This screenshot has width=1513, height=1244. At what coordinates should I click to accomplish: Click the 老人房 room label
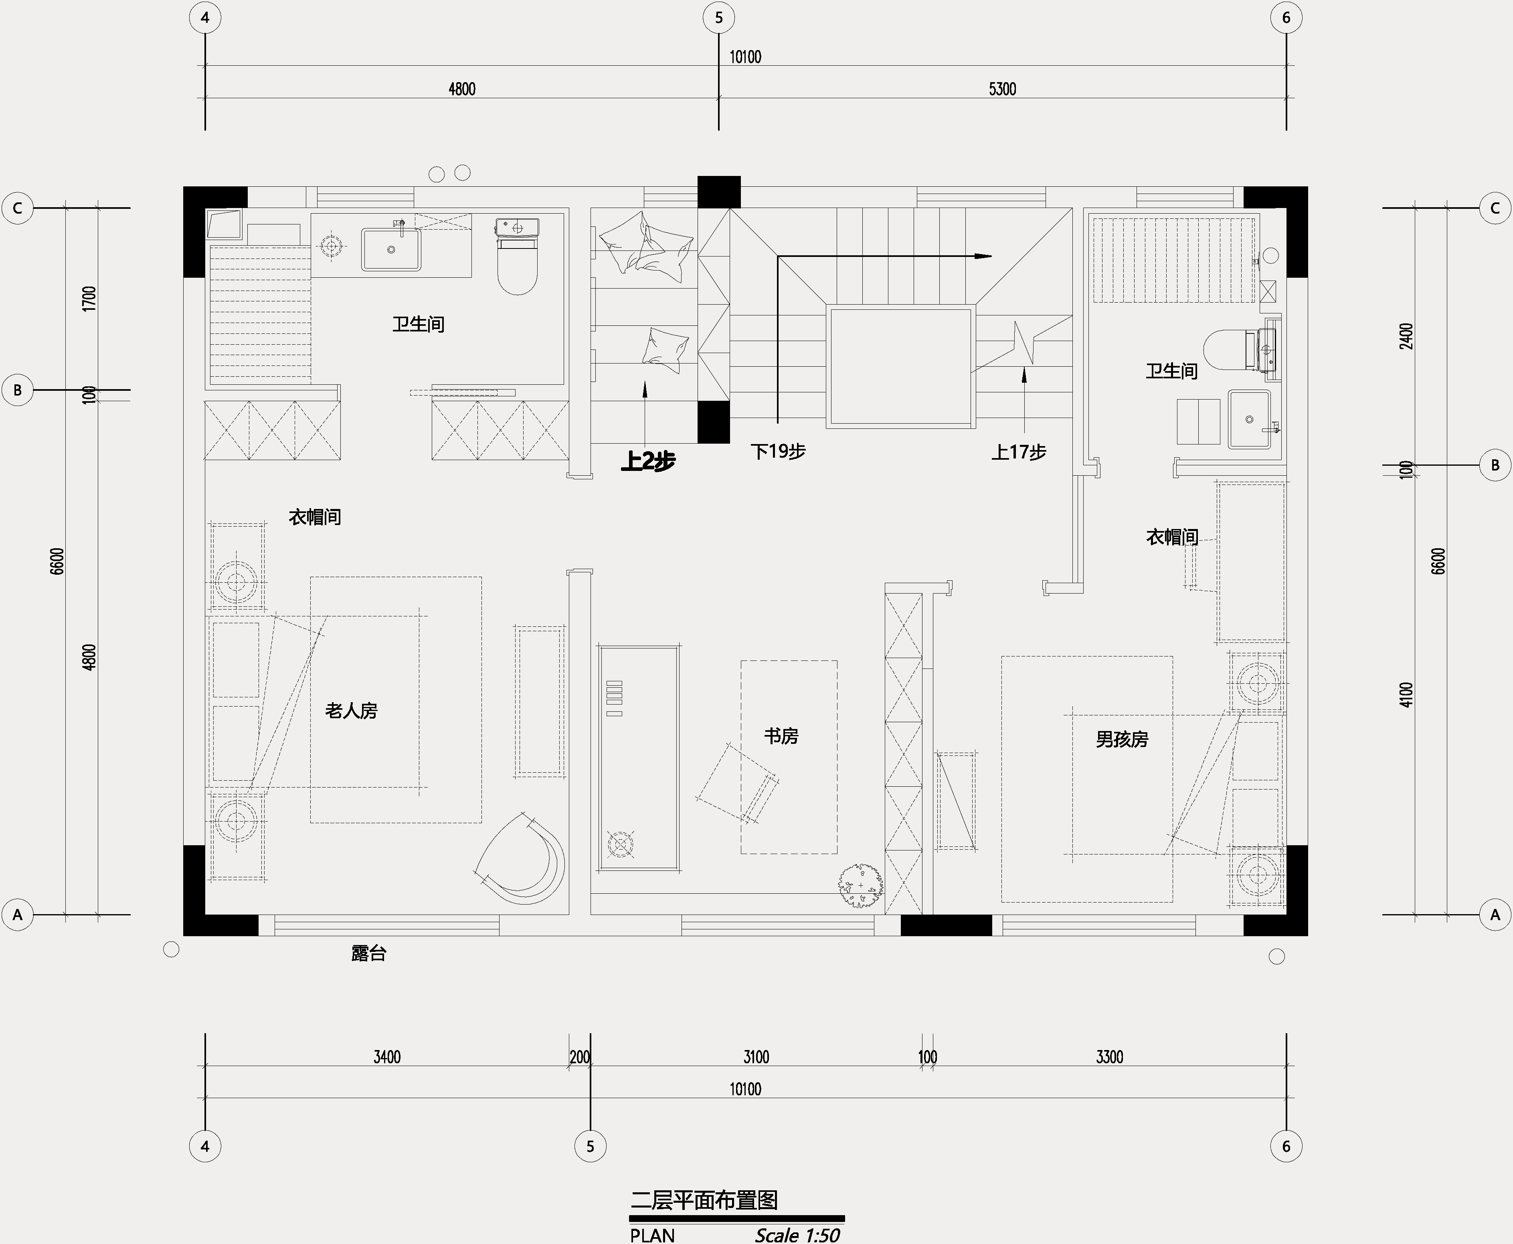click(x=351, y=711)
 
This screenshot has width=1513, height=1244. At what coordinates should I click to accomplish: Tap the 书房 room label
click(x=781, y=736)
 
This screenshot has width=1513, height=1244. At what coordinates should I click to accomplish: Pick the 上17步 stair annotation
click(x=1018, y=452)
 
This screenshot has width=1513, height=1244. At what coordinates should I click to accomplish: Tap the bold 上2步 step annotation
click(x=648, y=461)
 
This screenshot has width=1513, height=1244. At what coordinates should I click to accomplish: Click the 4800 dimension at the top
click(x=462, y=89)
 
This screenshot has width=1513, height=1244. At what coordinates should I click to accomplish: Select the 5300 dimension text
click(x=1003, y=89)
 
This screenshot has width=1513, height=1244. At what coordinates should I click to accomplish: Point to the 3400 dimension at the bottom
click(x=387, y=1057)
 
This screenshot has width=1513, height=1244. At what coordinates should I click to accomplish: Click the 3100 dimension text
click(x=756, y=1057)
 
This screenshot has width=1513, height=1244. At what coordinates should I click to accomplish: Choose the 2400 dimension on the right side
click(x=1407, y=336)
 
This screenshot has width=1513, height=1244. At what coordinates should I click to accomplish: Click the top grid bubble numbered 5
click(x=719, y=18)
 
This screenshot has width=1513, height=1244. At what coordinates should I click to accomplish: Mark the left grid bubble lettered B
click(x=18, y=390)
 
